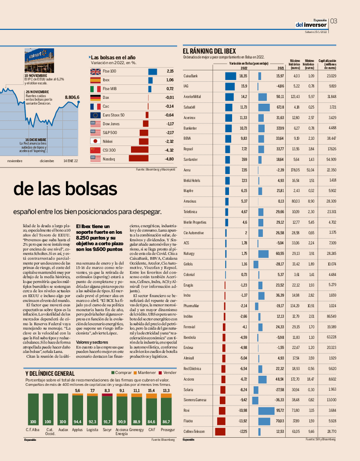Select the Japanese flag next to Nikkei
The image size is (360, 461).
pyautogui.click(x=96, y=141)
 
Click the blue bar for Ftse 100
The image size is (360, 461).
pyautogui.click(x=152, y=71)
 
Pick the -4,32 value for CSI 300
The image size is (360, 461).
pyautogui.click(x=169, y=149)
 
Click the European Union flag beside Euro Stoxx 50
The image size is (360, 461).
pyautogui.click(x=96, y=115)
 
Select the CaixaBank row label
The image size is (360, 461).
pyautogui.click(x=191, y=76)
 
